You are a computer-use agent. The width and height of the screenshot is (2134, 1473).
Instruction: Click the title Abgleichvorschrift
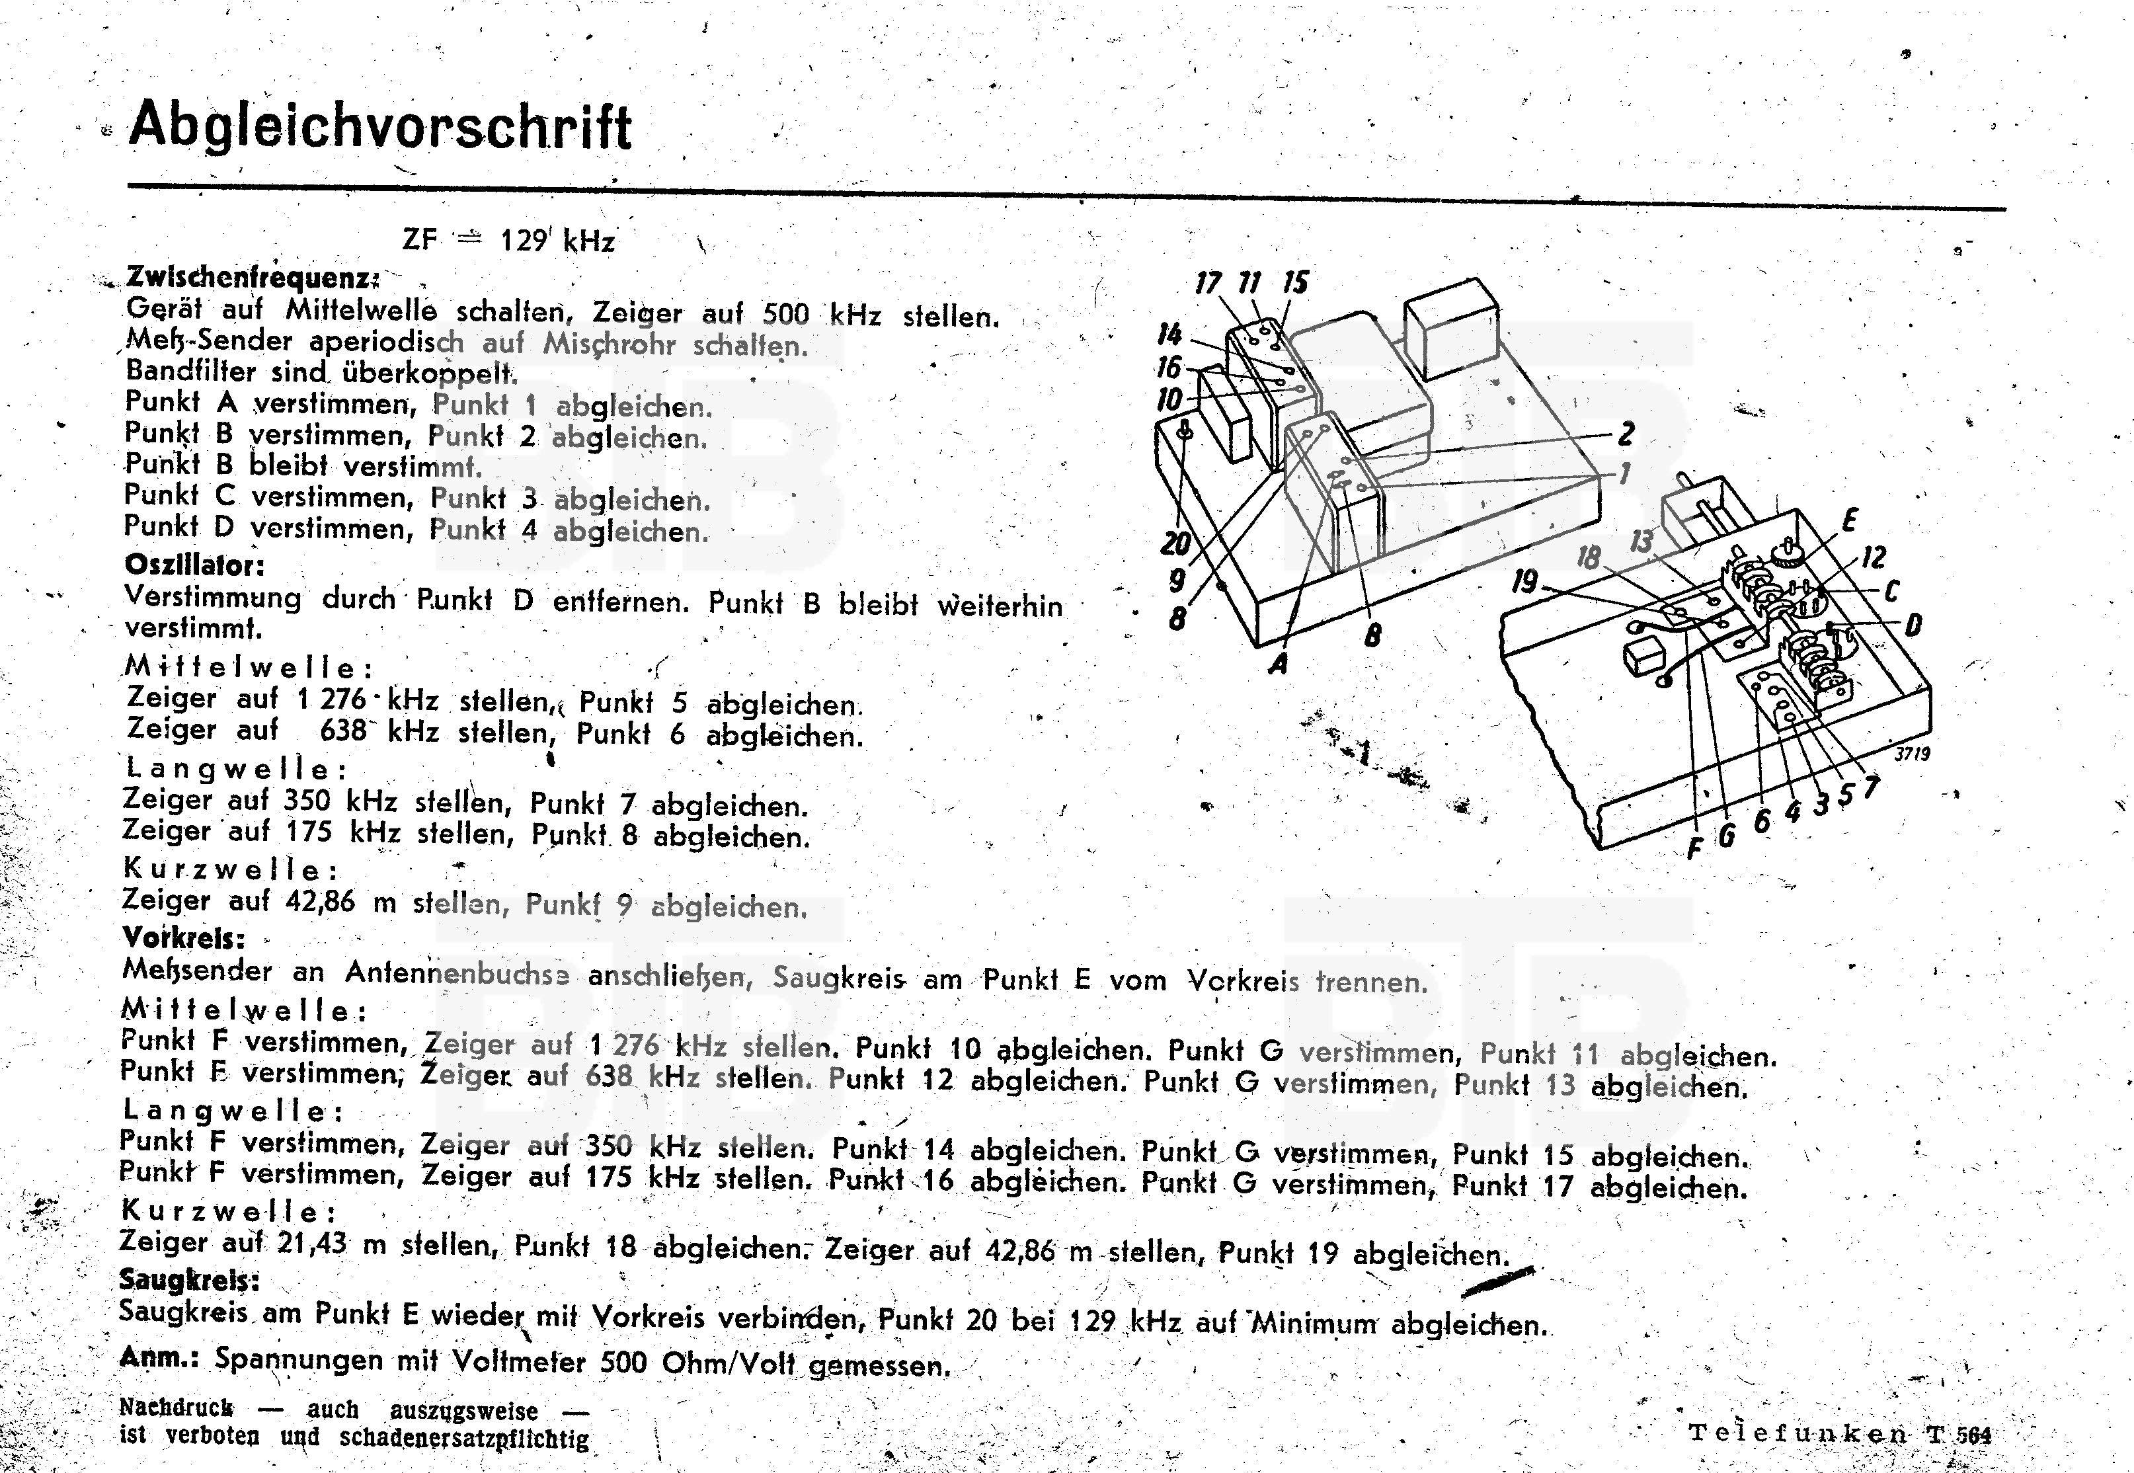coord(380,126)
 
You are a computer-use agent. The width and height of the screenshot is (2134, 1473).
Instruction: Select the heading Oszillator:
coord(194,564)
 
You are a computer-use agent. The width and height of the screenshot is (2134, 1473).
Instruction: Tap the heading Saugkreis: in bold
coord(189,1280)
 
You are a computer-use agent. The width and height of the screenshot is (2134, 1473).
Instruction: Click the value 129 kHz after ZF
coord(557,241)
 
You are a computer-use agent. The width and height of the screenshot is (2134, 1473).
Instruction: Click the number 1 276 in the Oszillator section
coord(332,699)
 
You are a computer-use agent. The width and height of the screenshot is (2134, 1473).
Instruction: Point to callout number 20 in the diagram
coord(1175,543)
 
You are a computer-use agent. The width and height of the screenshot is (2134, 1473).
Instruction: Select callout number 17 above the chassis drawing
coord(1208,282)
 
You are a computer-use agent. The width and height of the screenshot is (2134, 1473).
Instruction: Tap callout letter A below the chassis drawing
coord(1278,662)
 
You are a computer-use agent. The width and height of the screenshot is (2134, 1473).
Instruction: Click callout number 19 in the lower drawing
coord(1524,581)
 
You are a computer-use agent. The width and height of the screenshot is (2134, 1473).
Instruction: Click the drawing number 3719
coord(1912,753)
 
